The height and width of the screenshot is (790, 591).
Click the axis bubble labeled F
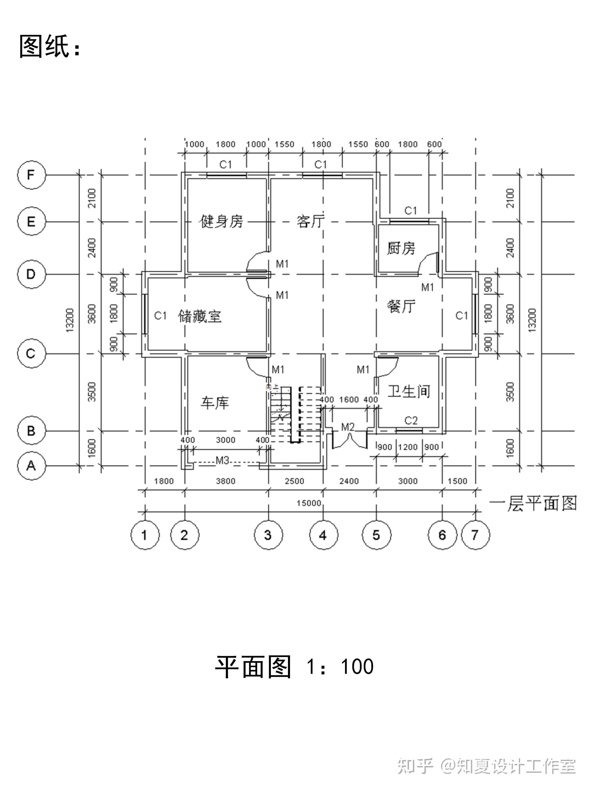(x=32, y=175)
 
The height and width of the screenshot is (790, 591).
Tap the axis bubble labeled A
(x=32, y=466)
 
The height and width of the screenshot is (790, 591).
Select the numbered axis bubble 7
(x=475, y=535)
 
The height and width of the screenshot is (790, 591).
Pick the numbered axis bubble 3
(x=268, y=535)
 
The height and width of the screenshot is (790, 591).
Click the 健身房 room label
(x=222, y=221)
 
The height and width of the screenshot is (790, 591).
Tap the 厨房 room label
(x=401, y=248)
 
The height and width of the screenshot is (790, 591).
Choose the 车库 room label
(x=214, y=403)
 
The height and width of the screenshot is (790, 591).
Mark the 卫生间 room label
(x=409, y=391)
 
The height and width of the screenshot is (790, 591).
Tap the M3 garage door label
(x=222, y=461)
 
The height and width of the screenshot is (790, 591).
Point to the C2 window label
(x=411, y=421)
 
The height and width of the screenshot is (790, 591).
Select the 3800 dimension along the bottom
(x=225, y=481)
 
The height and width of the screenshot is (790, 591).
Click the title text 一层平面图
(x=533, y=504)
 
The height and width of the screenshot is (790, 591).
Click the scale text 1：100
(x=340, y=667)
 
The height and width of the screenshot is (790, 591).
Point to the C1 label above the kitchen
(x=410, y=211)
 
